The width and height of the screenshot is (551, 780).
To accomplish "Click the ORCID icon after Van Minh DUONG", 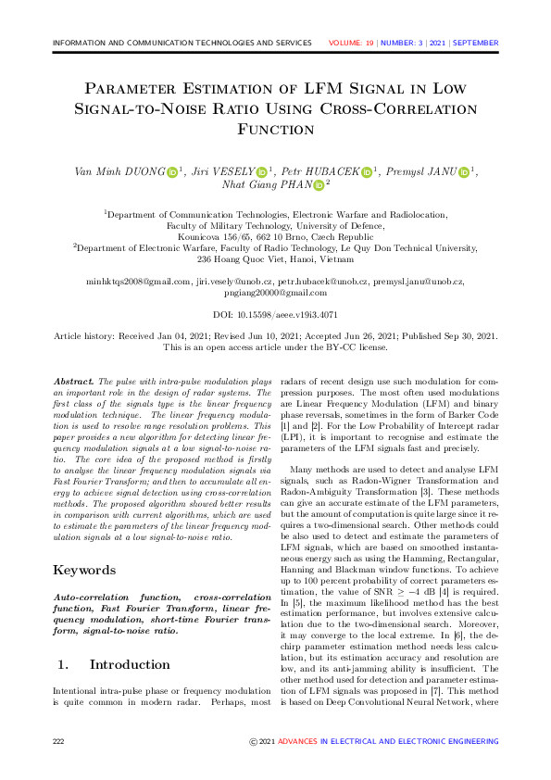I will [172, 171].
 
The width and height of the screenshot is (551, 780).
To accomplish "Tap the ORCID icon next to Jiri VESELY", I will [261, 171].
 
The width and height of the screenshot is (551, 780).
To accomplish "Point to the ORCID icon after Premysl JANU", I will [464, 171].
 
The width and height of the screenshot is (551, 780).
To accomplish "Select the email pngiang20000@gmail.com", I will [275, 292].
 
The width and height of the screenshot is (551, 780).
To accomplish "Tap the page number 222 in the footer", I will [59, 742].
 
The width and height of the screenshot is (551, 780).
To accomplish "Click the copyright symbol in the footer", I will [254, 742].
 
